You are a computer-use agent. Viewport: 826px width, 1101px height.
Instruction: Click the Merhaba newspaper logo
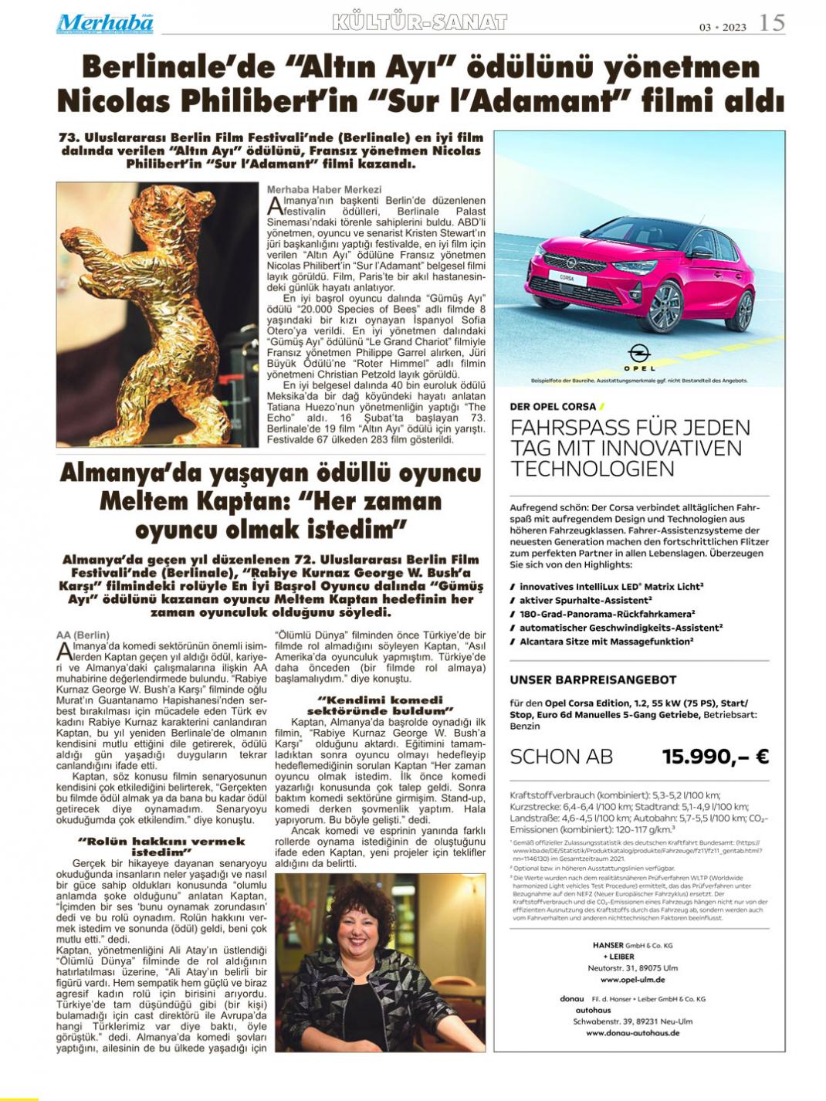coord(105,23)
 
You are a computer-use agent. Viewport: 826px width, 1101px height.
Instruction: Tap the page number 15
coord(771,23)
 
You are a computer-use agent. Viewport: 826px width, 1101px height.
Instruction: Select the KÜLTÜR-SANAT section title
coord(419,23)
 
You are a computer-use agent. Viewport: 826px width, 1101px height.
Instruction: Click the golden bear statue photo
coord(157,314)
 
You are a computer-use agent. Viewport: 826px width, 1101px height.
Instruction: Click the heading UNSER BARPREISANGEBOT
coord(593,680)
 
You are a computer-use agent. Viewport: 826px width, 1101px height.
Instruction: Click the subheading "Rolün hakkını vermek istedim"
coord(161,846)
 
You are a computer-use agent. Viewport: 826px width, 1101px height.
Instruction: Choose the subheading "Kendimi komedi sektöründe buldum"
coord(380,704)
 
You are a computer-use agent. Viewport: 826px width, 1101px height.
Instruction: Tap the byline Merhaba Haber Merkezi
coord(324,189)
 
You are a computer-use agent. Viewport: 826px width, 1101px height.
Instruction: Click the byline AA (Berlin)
coord(83,635)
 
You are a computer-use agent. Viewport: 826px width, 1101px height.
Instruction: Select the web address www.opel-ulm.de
coord(632,980)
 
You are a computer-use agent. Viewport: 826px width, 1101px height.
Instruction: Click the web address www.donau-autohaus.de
coord(632,1032)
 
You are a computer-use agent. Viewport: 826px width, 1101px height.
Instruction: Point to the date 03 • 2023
coord(723,27)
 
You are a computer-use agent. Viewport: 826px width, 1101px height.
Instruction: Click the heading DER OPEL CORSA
coord(553,406)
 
